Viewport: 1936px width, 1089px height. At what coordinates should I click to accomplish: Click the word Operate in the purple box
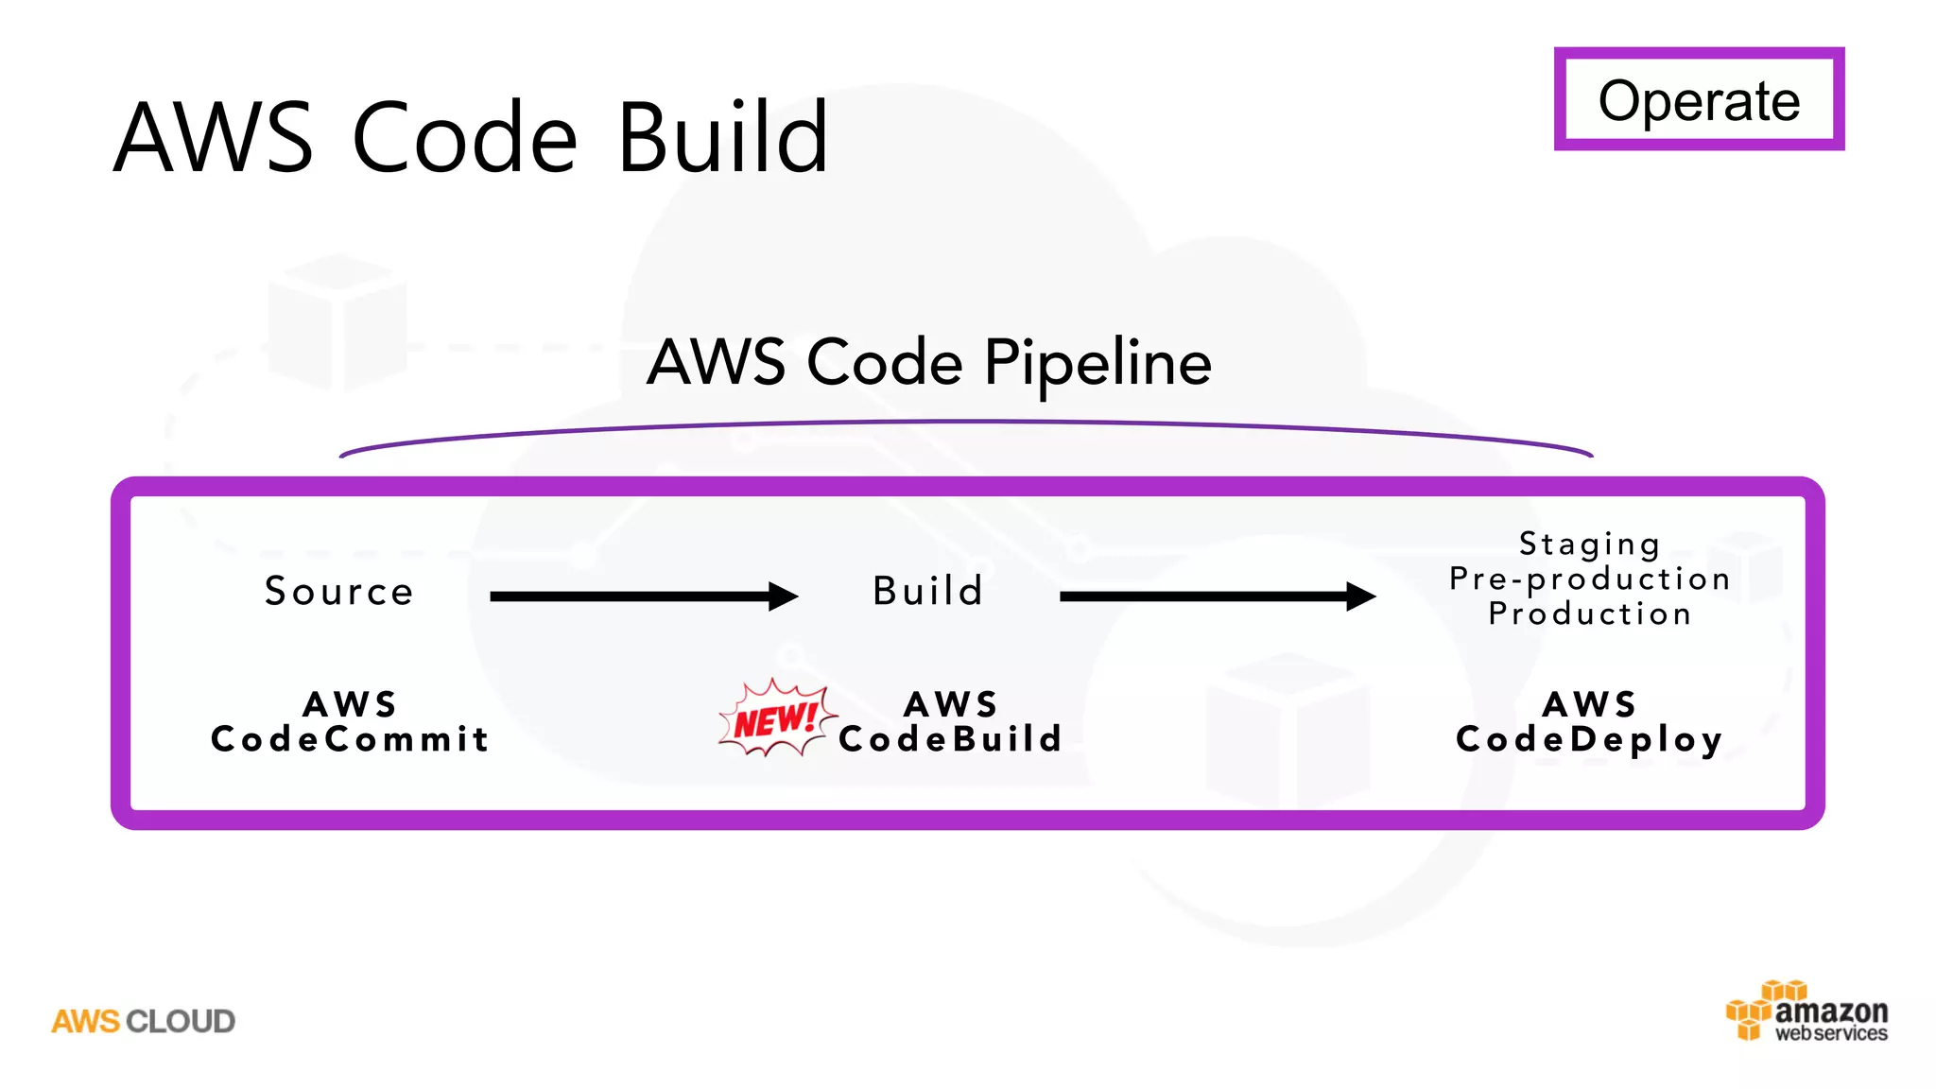[1699, 100]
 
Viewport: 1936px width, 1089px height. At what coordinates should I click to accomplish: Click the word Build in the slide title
[723, 138]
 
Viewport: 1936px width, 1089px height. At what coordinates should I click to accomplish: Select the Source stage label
[339, 592]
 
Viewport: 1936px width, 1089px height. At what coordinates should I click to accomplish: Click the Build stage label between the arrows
[928, 592]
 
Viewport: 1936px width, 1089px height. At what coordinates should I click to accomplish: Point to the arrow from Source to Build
[643, 596]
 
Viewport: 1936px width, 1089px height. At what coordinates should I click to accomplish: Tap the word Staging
[1589, 544]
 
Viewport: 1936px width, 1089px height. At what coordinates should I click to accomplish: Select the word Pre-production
[1589, 579]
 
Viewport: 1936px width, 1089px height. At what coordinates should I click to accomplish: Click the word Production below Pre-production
[1589, 614]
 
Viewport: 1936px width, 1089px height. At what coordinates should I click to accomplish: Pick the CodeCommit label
[350, 739]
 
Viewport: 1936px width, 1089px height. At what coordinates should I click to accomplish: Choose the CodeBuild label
[951, 739]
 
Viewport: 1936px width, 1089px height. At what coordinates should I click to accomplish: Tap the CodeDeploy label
[1589, 739]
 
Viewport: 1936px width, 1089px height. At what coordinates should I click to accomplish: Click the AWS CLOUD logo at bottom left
[143, 1021]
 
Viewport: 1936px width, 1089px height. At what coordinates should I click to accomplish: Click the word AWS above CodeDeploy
[1589, 704]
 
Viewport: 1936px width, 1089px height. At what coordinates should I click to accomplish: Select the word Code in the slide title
[464, 138]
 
